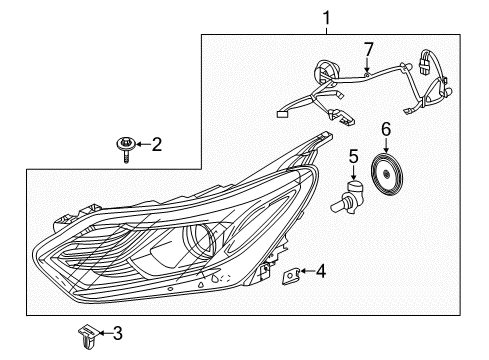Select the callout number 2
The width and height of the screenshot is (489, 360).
156,145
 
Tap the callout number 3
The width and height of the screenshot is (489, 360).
119,332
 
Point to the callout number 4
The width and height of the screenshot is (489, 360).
321,270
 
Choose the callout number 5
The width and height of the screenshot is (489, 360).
354,156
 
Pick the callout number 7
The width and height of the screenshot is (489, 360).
368,48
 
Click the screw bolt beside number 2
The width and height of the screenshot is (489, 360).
125,147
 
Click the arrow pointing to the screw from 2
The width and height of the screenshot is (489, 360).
141,145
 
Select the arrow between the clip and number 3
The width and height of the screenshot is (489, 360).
104,332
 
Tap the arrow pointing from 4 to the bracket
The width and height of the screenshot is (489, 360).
307,270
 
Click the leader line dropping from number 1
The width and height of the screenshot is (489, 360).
325,28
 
